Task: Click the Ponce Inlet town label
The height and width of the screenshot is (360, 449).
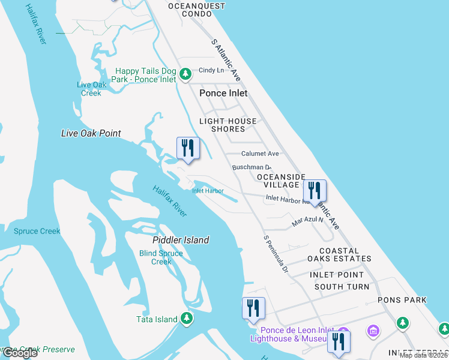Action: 223,93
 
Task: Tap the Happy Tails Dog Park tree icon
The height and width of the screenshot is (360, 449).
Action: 186,73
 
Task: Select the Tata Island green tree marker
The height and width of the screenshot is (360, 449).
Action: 187,319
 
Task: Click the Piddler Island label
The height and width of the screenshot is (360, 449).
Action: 181,240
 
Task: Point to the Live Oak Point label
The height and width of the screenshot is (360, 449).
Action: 91,133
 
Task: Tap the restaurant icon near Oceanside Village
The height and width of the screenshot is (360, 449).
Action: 315,191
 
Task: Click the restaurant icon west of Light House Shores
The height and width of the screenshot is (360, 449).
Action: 188,148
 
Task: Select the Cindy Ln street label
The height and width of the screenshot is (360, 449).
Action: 211,70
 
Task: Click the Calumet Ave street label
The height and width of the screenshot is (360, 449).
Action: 260,154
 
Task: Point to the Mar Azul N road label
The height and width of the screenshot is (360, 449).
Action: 307,221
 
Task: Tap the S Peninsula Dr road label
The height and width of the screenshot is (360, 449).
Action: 276,254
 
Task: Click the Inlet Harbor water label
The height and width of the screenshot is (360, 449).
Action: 208,191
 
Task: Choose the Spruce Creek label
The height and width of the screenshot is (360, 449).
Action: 37,231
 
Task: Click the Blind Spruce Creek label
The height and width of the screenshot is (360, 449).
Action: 161,257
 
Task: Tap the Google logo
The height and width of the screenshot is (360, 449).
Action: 20,353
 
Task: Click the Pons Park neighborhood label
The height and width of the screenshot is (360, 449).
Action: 402,300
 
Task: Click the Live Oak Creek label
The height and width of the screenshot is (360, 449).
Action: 91,89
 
